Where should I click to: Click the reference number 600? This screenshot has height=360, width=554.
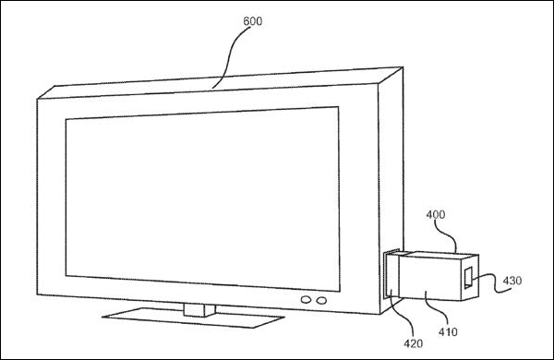coord(253,21)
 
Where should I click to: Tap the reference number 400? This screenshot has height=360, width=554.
coord(435,214)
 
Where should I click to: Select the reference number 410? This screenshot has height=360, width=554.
coord(448,331)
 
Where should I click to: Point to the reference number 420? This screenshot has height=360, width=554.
coord(413,343)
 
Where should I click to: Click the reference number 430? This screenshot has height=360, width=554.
coord(512,281)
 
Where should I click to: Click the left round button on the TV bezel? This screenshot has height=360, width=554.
coord(306,300)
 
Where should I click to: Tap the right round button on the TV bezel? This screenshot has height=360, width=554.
coord(321,301)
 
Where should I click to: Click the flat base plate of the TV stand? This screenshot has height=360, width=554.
coord(193,318)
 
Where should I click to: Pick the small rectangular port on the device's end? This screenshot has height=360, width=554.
coord(468,278)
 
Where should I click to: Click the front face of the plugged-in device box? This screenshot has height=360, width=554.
coord(429,278)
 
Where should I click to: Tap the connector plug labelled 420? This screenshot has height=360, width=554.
coord(391,274)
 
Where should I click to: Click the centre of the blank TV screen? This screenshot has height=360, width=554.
coord(202,198)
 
